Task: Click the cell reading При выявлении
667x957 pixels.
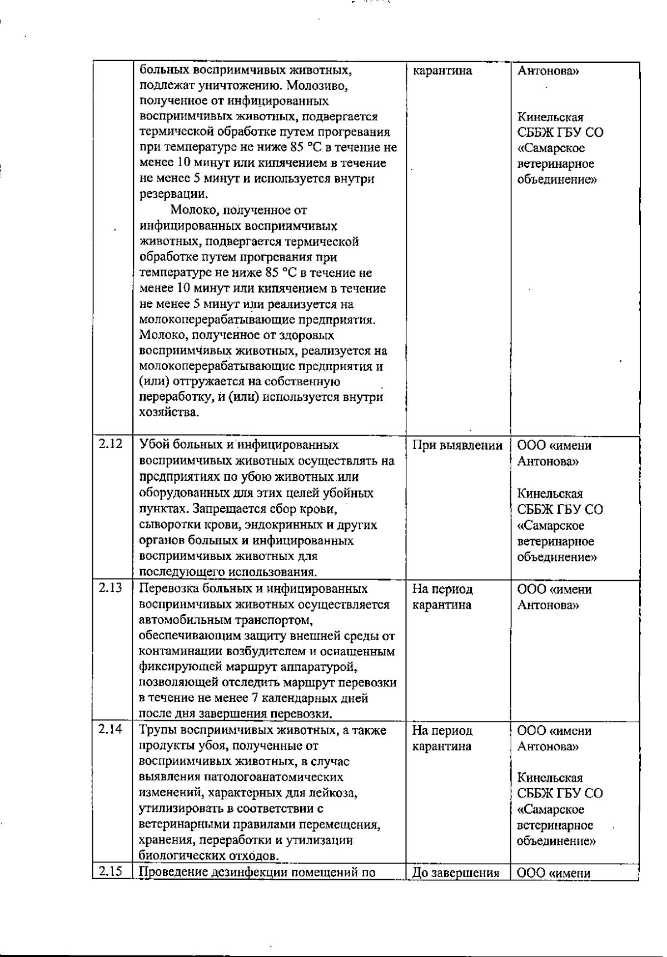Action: (457, 445)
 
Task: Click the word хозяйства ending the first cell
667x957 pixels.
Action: (167, 413)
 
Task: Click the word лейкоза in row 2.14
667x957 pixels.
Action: (335, 793)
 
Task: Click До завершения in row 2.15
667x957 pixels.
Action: (455, 873)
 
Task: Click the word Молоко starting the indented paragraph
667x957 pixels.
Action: (191, 210)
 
